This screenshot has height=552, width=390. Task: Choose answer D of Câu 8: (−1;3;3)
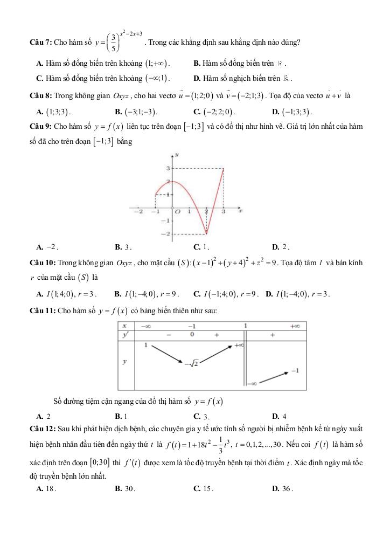(x=294, y=112)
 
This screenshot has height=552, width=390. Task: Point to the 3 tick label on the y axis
(x=168, y=169)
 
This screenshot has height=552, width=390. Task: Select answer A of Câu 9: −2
(x=47, y=247)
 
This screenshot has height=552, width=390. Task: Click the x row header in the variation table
(x=124, y=326)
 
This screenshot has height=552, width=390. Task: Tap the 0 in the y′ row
(x=192, y=335)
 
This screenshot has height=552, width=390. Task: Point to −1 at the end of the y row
(x=295, y=371)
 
